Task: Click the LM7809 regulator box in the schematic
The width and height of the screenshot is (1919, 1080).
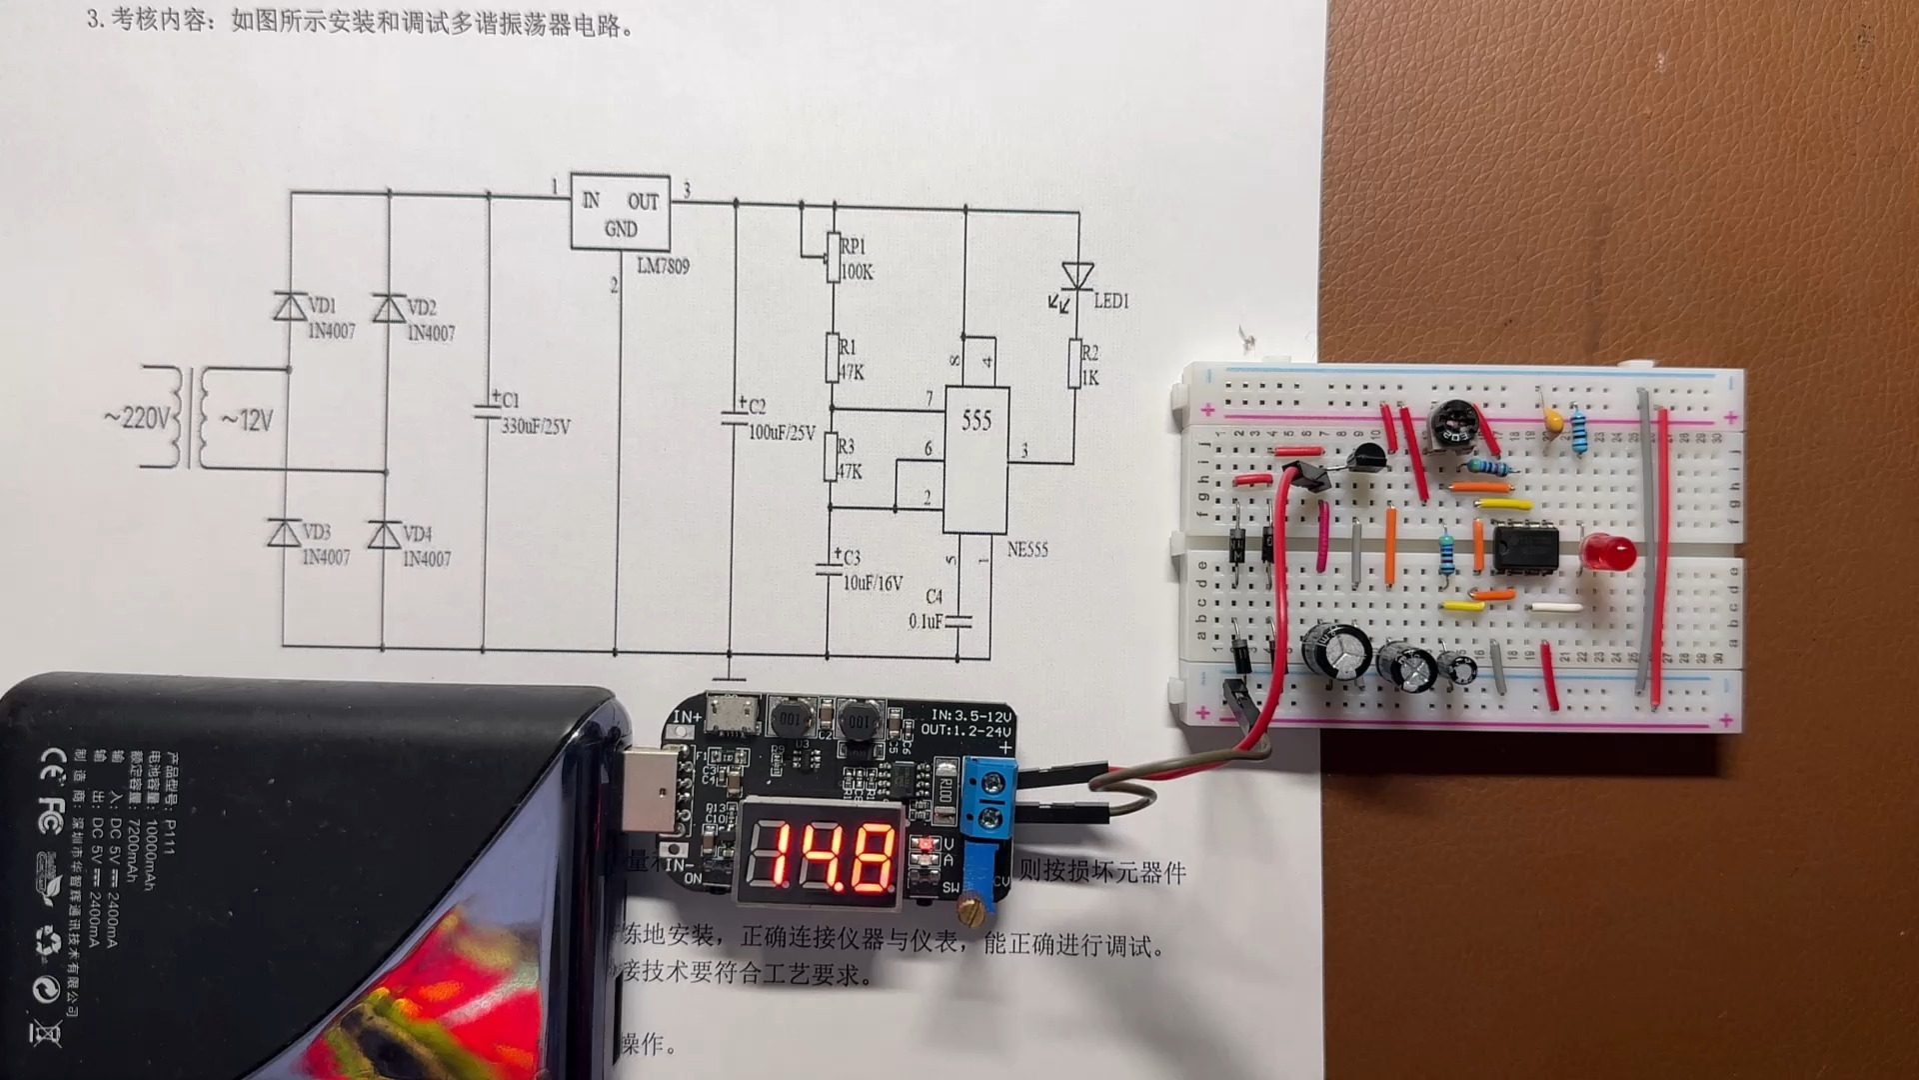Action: coord(620,212)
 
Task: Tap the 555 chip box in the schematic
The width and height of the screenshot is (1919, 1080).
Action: coord(975,460)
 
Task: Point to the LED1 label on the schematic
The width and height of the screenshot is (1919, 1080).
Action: coord(1110,301)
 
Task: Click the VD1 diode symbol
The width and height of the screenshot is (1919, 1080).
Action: coord(291,307)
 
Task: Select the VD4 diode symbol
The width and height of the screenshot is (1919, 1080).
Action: coord(385,535)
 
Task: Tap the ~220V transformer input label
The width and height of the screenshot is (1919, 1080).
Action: coord(138,418)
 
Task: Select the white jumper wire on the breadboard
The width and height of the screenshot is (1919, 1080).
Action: coord(1555,606)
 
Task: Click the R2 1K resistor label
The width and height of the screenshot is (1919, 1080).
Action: coord(1089,365)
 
